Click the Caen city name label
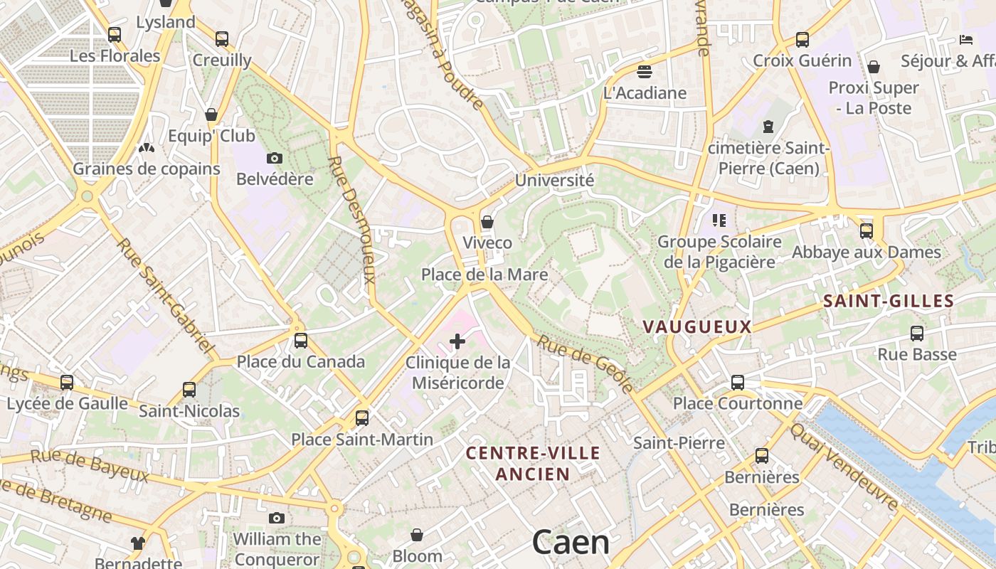571,543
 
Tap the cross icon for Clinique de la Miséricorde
457,342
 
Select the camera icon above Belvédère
275,158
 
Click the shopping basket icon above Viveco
487,222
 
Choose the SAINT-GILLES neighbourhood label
889,302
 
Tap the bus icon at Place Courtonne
738,383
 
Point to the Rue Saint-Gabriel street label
165,296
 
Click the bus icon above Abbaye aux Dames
867,230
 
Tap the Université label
554,181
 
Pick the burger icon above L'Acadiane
645,71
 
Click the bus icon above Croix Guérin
802,40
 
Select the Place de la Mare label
484,275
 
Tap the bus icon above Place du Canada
301,341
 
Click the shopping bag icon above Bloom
417,535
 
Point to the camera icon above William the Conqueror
277,518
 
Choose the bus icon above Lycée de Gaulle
67,383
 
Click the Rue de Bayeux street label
90,466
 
